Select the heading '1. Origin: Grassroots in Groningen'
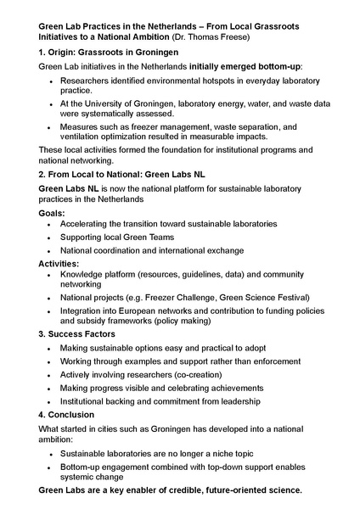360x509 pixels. coord(109,53)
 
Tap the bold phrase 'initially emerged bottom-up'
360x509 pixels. coord(242,66)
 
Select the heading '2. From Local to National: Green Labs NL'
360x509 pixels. coord(122,174)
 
